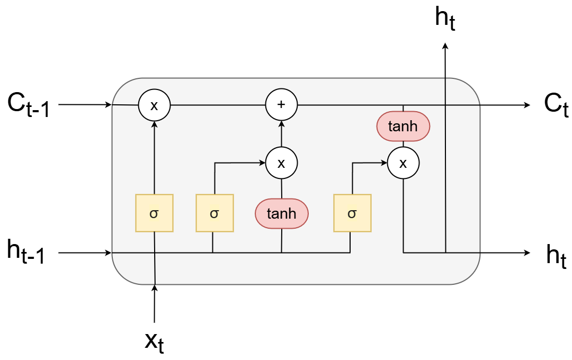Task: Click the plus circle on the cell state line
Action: click(x=281, y=105)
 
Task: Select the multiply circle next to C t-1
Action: click(x=154, y=105)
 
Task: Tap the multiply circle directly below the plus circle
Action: click(x=281, y=163)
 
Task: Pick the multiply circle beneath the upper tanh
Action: click(x=403, y=163)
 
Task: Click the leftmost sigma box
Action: click(x=154, y=213)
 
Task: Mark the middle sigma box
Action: click(x=214, y=213)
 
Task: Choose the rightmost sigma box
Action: click(x=352, y=213)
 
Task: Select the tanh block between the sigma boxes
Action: click(x=281, y=213)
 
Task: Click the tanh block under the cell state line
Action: click(x=403, y=127)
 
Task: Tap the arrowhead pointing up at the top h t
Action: click(x=445, y=46)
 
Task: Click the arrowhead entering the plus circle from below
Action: click(x=281, y=124)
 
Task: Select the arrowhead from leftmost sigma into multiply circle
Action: click(x=154, y=124)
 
